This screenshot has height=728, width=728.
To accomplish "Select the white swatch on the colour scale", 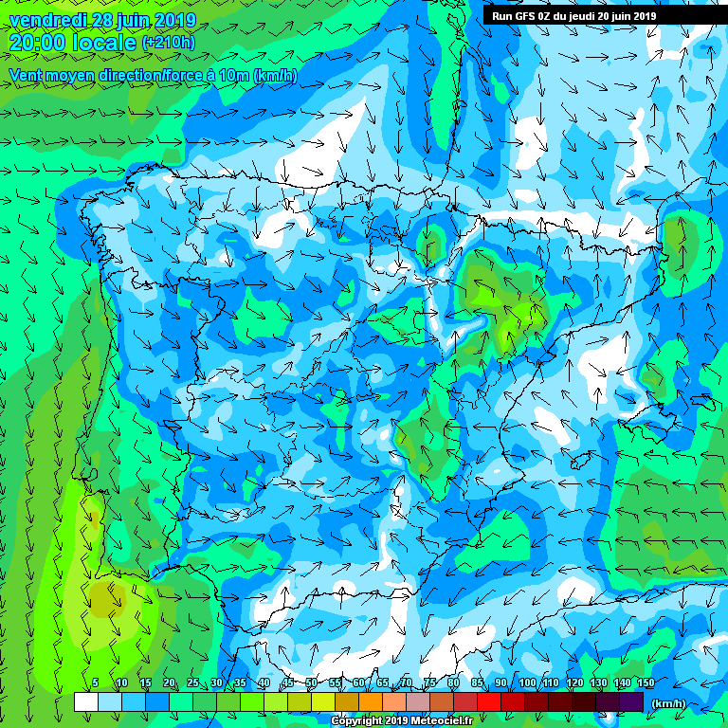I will pyautogui.click(x=86, y=701).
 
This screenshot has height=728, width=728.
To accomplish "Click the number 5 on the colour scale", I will pyautogui.click(x=96, y=682).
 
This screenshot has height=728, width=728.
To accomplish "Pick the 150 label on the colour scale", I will pyautogui.click(x=646, y=682).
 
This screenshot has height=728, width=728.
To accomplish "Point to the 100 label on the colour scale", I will pyautogui.click(x=527, y=682).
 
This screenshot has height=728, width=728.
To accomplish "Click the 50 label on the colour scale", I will pyautogui.click(x=312, y=682).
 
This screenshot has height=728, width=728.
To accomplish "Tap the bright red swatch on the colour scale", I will pyautogui.click(x=488, y=701).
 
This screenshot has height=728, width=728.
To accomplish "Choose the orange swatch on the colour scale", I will pyautogui.click(x=371, y=701).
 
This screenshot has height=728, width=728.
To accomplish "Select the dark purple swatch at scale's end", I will pyautogui.click(x=631, y=701).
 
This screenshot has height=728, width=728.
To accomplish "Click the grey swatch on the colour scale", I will pyautogui.click(x=418, y=701).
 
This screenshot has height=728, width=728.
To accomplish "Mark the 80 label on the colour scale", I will pyautogui.click(x=454, y=682).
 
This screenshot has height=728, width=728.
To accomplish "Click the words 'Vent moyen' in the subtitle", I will pyautogui.click(x=47, y=75).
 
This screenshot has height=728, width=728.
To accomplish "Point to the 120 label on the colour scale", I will pyautogui.click(x=574, y=682).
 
